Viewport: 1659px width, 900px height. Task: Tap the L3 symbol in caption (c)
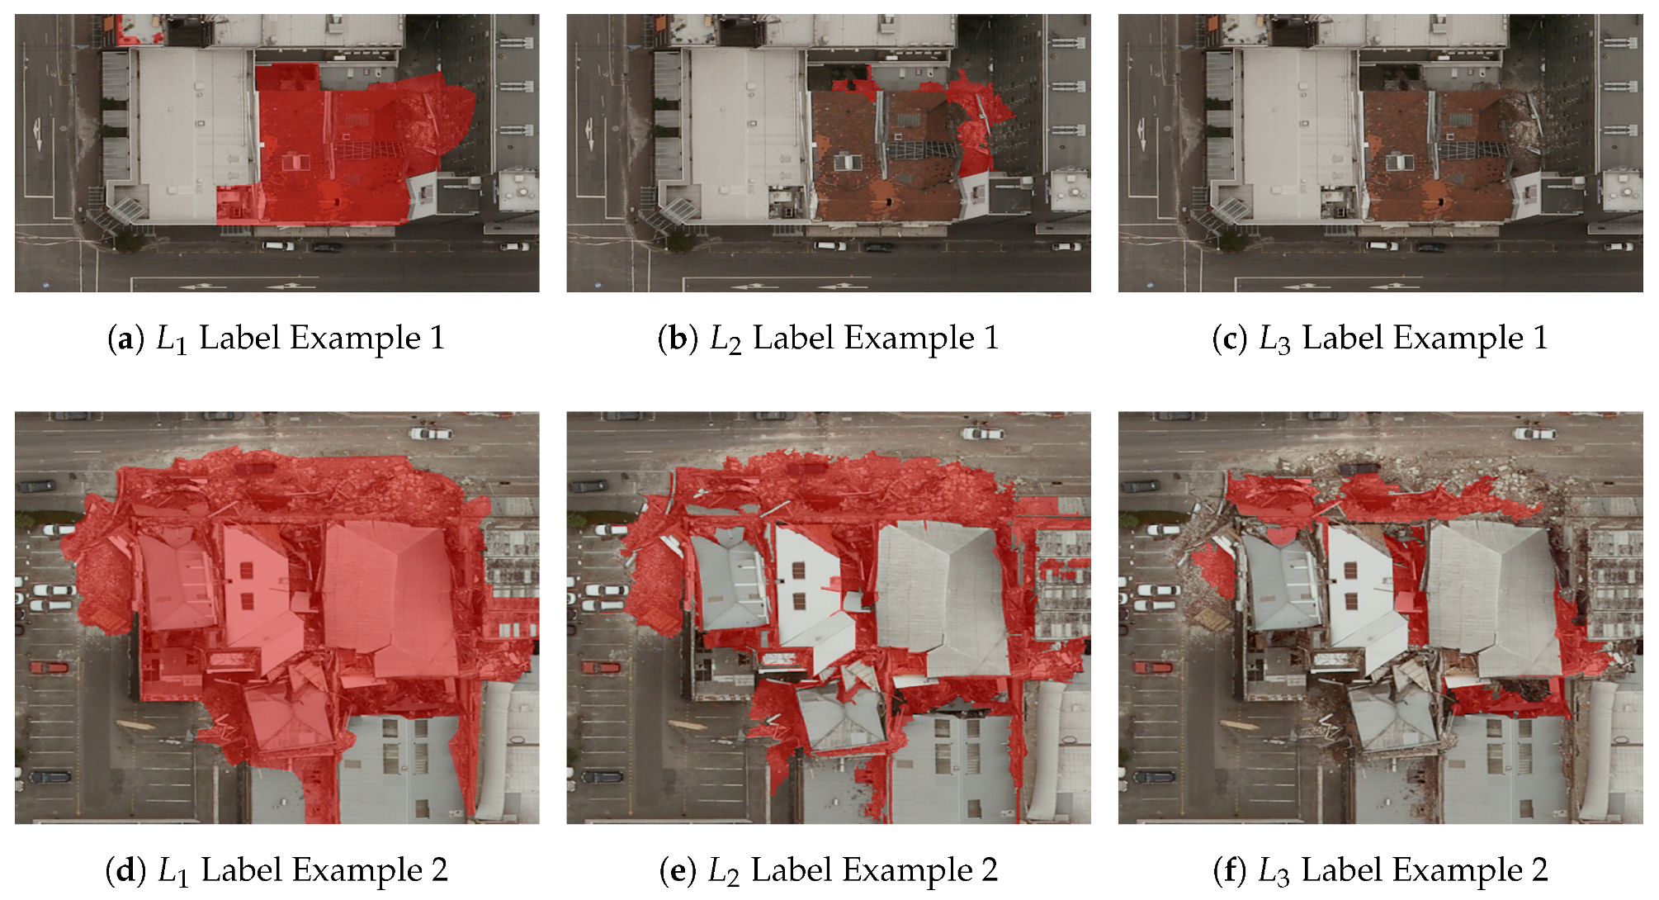[x=1274, y=339]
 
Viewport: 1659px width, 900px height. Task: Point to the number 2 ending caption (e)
[x=989, y=870]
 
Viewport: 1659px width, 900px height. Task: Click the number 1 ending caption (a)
[x=437, y=339]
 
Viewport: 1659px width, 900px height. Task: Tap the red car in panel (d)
[x=49, y=667]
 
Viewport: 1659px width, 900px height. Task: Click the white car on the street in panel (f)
[x=1534, y=433]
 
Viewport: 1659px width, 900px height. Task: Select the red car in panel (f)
[x=1152, y=667]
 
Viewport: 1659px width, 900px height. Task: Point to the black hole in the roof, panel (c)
[x=1441, y=201]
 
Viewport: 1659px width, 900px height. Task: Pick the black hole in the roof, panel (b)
[x=889, y=201]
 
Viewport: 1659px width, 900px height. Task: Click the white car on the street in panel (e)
[x=981, y=433]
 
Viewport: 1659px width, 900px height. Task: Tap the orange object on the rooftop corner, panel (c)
[x=1212, y=23]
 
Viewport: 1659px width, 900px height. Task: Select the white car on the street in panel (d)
[x=430, y=433]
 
